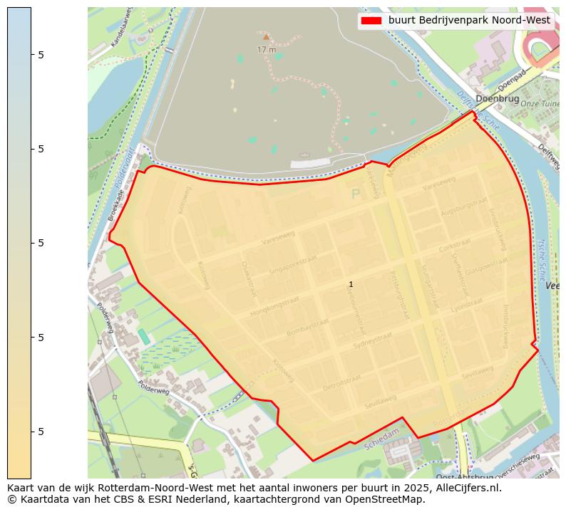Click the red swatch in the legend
(x=372, y=21)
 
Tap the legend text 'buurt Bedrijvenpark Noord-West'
(x=469, y=21)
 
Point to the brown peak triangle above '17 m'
(x=266, y=36)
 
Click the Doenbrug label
(x=497, y=99)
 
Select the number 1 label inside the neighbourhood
(x=351, y=284)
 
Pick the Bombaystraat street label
(x=307, y=328)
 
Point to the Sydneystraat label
(x=373, y=341)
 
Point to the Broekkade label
(x=115, y=204)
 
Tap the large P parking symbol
(x=356, y=194)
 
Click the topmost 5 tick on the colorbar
(x=41, y=54)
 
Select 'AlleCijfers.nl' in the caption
(x=468, y=488)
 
